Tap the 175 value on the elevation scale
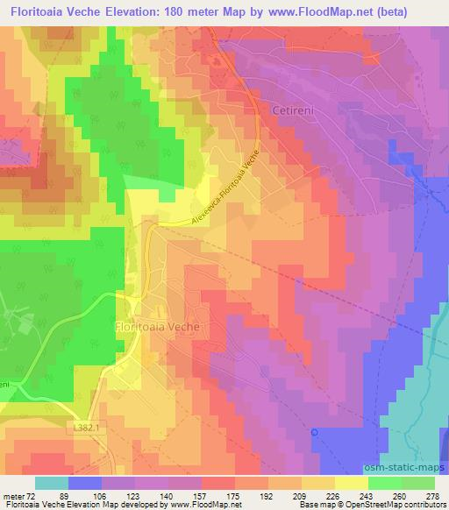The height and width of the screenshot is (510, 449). coord(234,495)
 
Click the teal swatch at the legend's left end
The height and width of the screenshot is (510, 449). coord(52,483)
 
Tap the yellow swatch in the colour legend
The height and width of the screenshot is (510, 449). coord(351,483)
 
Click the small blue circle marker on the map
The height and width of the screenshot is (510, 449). coord(315,431)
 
